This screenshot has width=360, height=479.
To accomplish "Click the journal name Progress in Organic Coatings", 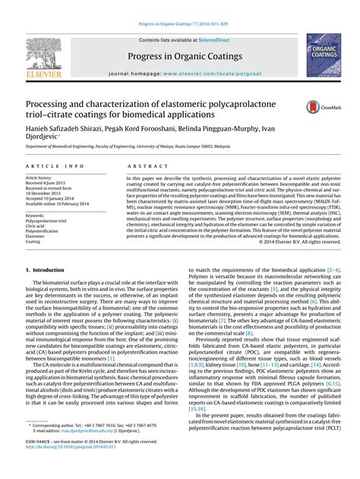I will click(x=179, y=56).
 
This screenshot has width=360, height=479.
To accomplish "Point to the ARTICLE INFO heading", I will click(x=55, y=165).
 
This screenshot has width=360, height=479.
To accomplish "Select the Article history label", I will click(x=41, y=178).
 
